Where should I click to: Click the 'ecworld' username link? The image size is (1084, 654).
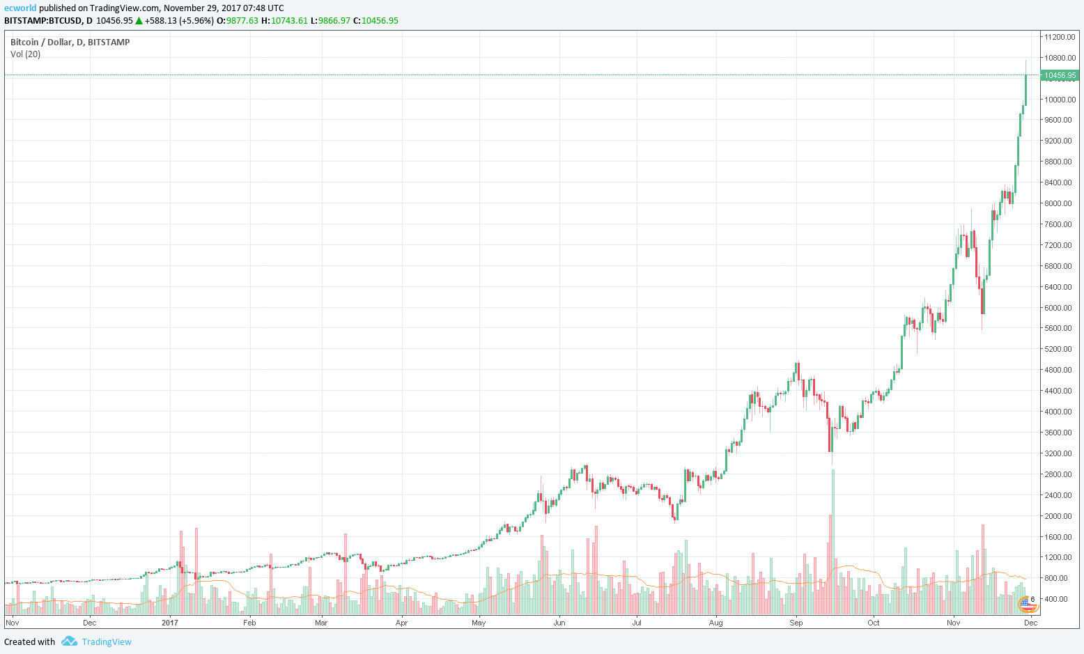(x=20, y=8)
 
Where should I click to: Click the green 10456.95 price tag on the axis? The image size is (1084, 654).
(x=1059, y=75)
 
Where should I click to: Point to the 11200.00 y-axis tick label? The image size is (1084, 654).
(x=1059, y=37)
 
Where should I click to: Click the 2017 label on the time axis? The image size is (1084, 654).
(x=170, y=623)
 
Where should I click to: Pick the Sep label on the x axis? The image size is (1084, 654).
(x=796, y=623)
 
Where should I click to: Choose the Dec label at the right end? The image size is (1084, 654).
(x=1030, y=623)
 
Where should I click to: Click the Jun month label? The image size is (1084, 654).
(x=559, y=623)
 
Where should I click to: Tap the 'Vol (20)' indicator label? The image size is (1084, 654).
(x=26, y=54)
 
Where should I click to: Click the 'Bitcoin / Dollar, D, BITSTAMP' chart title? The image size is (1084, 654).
(x=70, y=42)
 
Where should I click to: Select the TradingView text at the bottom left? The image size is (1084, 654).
(x=107, y=642)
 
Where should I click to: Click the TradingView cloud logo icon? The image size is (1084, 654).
(x=69, y=641)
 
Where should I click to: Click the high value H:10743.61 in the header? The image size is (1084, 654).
(x=284, y=21)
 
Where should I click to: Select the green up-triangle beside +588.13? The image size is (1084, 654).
(x=139, y=21)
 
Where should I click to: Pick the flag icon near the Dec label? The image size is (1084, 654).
(x=1028, y=604)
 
